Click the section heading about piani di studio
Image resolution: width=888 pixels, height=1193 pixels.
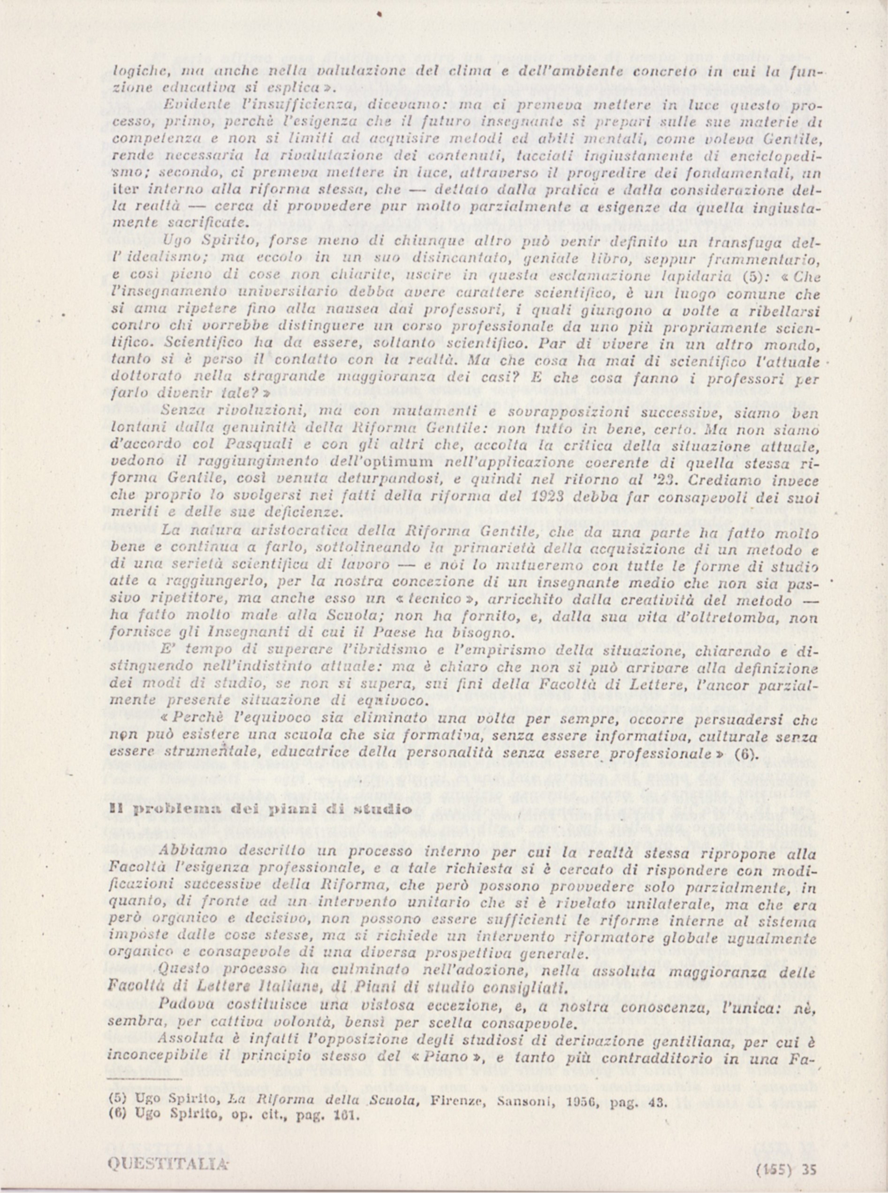coord(261,809)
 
